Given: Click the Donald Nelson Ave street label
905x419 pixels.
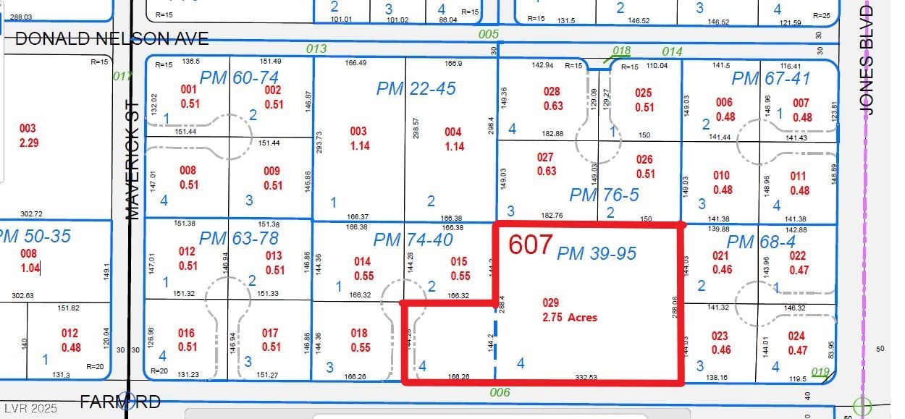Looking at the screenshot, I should [111, 39].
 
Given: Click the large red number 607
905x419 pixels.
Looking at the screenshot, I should [530, 245].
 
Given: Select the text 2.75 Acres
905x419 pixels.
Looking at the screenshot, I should [570, 317].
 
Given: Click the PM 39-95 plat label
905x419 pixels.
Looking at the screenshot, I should [596, 253].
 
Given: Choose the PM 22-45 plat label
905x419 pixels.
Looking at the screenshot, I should [416, 88].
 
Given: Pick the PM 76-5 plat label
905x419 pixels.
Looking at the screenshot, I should [604, 195].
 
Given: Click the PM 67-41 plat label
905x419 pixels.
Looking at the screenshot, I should [770, 78].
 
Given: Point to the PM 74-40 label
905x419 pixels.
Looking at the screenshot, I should [413, 240].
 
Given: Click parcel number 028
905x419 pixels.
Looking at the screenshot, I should [552, 92].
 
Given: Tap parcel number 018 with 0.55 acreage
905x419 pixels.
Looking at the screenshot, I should [359, 334].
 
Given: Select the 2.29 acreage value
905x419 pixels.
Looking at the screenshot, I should [28, 143].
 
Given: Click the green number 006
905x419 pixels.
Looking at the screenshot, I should [500, 392].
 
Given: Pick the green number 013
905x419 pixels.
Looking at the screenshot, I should [316, 49].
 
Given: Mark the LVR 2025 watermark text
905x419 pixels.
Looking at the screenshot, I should [26, 407].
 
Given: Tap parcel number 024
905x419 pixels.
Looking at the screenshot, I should [796, 336].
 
